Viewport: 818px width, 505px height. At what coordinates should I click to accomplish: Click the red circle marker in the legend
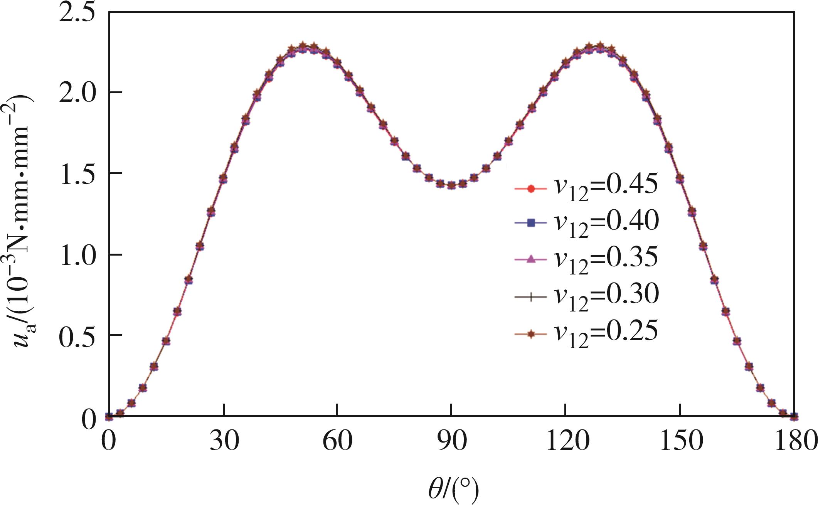pyautogui.click(x=531, y=189)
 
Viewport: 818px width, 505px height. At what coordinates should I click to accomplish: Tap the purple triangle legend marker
pyautogui.click(x=531, y=259)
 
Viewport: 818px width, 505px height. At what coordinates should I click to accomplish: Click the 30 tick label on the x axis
pyautogui.click(x=224, y=440)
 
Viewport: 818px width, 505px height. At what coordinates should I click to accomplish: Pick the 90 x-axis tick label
pyautogui.click(x=451, y=440)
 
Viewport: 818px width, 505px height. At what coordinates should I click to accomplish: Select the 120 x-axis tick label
pyautogui.click(x=565, y=440)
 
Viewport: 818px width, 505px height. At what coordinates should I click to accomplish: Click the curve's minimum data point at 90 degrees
pyautogui.click(x=451, y=185)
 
